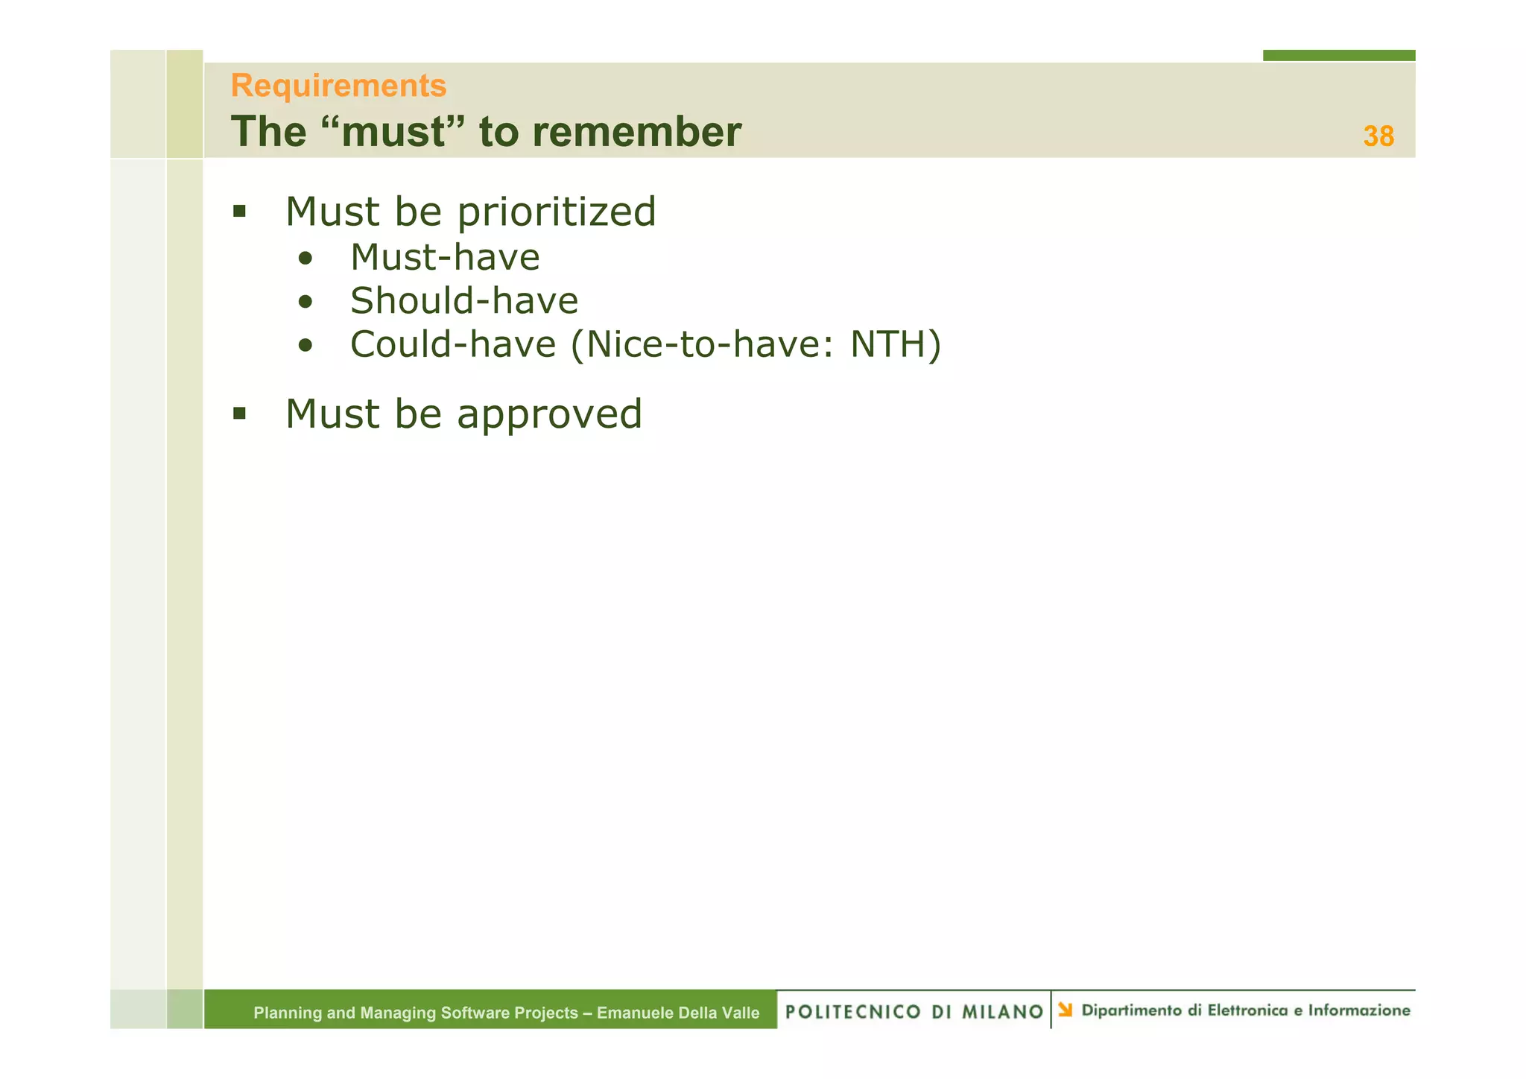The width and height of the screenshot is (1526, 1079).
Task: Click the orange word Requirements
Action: pyautogui.click(x=338, y=86)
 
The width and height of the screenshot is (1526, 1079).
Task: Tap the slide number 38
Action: pyautogui.click(x=1378, y=136)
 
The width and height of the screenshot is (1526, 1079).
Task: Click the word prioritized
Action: pyautogui.click(x=556, y=212)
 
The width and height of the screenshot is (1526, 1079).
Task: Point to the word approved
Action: pyautogui.click(x=549, y=414)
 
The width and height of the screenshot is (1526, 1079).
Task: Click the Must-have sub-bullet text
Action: pyautogui.click(x=445, y=258)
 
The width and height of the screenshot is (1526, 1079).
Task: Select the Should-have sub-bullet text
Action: pyautogui.click(x=463, y=301)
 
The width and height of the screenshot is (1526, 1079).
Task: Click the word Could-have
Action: pyautogui.click(x=453, y=344)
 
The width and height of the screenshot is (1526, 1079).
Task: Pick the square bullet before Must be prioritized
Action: pyautogui.click(x=239, y=212)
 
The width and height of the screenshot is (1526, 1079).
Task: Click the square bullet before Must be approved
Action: pyautogui.click(x=239, y=414)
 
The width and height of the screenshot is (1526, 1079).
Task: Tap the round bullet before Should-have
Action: pyautogui.click(x=305, y=303)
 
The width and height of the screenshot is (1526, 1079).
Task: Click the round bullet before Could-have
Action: pyautogui.click(x=305, y=346)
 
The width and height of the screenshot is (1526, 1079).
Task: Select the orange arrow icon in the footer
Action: pyautogui.click(x=1065, y=1010)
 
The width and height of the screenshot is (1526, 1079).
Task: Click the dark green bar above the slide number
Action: pyautogui.click(x=1338, y=55)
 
